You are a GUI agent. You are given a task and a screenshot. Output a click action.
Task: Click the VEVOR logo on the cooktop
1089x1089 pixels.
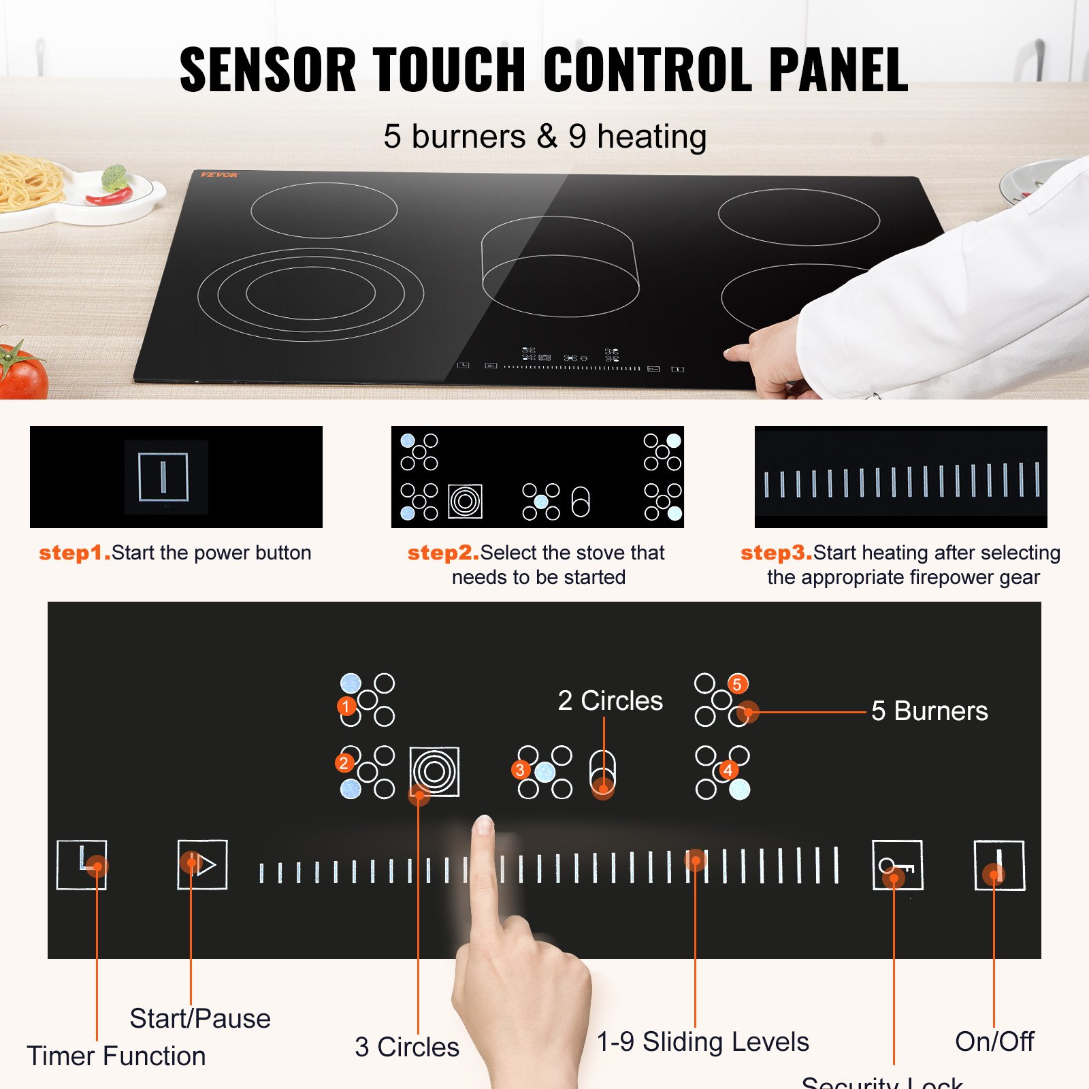[219, 175]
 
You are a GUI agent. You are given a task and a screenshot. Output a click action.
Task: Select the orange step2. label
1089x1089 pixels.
[443, 553]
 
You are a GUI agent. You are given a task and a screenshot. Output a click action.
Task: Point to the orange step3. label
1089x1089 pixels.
[776, 553]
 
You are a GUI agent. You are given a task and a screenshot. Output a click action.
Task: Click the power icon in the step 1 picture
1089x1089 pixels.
[163, 476]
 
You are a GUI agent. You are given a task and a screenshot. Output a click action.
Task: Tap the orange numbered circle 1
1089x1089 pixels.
[346, 706]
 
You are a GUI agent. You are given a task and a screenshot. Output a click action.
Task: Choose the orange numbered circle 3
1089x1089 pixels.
[521, 770]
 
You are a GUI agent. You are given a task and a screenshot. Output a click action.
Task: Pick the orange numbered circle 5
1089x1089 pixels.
[737, 684]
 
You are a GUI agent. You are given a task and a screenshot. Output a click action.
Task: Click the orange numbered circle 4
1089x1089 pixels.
[728, 770]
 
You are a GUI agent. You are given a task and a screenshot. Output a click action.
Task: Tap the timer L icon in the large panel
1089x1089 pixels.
[82, 864]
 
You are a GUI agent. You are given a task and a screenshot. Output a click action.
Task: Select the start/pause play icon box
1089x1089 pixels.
[202, 864]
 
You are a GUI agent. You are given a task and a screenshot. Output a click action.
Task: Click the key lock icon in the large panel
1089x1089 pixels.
[898, 865]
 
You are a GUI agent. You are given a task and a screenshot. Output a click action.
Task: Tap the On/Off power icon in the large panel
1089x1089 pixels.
[999, 865]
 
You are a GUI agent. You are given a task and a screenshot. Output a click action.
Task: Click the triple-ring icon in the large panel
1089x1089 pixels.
[434, 772]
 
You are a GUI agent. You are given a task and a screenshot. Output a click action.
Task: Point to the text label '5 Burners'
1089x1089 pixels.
[929, 711]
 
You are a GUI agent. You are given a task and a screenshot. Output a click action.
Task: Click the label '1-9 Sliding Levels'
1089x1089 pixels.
[702, 1042]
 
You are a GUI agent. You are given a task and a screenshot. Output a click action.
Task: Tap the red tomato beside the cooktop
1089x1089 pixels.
[22, 373]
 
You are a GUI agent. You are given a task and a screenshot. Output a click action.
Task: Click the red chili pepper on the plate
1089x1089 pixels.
[109, 197]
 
